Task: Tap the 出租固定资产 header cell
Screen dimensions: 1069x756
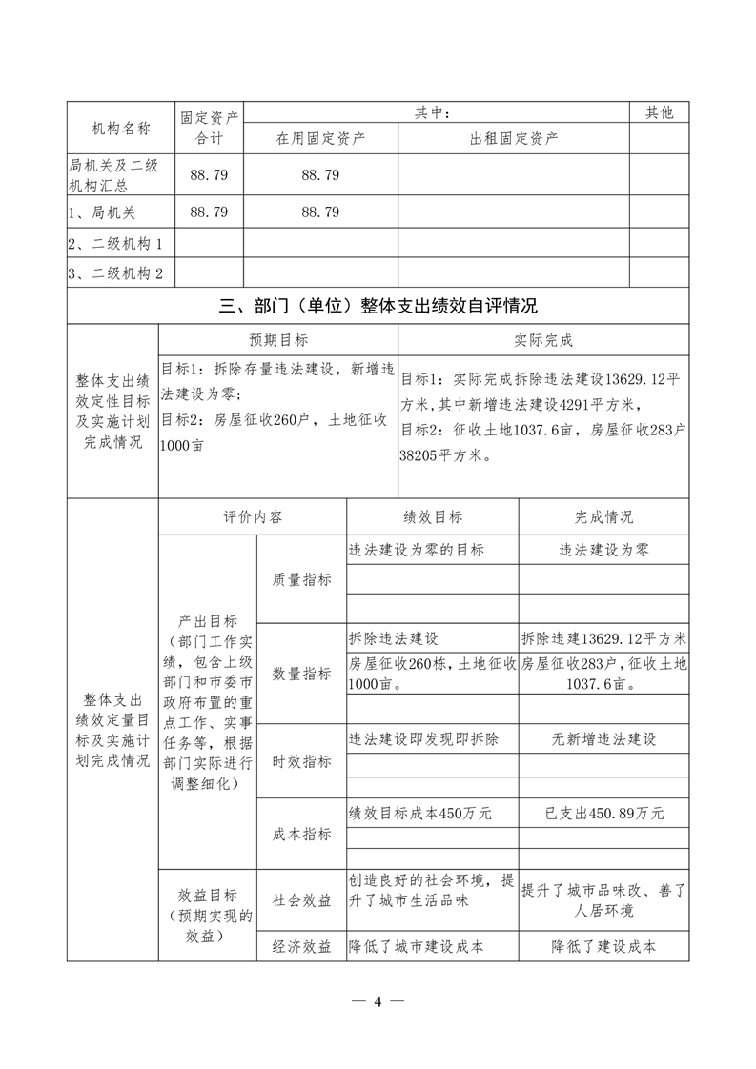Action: (514, 138)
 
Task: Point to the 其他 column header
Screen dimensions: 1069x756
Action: (659, 112)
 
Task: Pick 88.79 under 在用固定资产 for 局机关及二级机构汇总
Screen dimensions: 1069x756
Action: (320, 175)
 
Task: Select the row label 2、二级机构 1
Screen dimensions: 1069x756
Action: (116, 244)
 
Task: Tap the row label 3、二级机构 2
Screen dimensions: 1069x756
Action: (116, 274)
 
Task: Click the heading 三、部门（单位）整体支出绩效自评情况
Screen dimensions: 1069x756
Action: (378, 306)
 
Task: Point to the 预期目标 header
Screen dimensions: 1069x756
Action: (278, 340)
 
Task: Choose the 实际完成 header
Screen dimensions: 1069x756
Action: (543, 340)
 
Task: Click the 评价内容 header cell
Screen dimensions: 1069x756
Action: (253, 517)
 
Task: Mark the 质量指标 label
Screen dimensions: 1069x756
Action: (302, 579)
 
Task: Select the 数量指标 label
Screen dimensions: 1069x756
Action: (302, 674)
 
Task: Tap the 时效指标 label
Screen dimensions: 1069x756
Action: (302, 761)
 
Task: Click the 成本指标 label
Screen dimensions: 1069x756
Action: (302, 834)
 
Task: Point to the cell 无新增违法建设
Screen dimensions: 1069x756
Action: (603, 738)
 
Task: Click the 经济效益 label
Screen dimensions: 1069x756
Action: (302, 946)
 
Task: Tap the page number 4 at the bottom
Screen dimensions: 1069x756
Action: (378, 1001)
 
